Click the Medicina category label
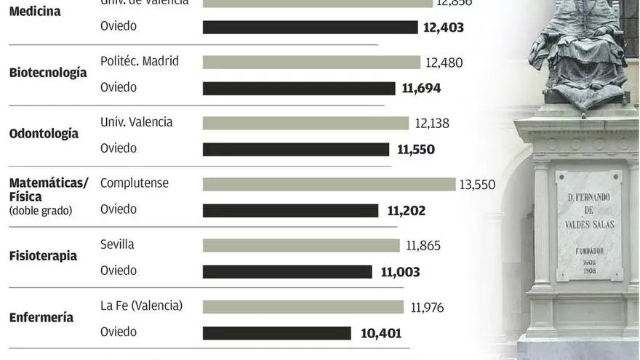click(x=35, y=12)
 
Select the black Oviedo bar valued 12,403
click(x=310, y=27)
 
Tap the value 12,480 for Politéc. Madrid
click(x=444, y=63)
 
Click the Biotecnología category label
click(x=48, y=73)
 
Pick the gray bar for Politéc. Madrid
click(x=311, y=63)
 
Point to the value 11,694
click(x=421, y=88)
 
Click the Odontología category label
click(x=44, y=134)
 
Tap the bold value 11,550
click(x=416, y=149)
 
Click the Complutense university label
click(x=135, y=183)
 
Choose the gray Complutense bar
click(x=329, y=185)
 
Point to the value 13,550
click(x=477, y=185)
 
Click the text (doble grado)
click(x=41, y=211)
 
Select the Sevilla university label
click(x=117, y=244)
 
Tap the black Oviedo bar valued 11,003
click(x=287, y=272)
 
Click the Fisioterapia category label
click(x=43, y=256)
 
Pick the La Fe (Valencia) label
click(x=141, y=305)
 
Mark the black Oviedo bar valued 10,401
click(x=277, y=333)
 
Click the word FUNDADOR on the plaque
click(x=588, y=250)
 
